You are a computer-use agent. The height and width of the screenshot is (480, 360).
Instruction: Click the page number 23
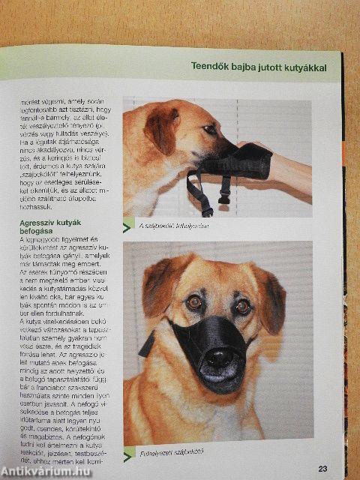(322, 469)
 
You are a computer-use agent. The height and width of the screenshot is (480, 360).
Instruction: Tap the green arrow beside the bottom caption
(129, 451)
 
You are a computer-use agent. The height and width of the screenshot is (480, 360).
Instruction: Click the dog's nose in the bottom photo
(219, 358)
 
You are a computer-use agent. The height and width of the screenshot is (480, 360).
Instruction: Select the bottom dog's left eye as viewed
(194, 302)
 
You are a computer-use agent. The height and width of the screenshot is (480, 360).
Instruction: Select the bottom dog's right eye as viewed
(242, 306)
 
